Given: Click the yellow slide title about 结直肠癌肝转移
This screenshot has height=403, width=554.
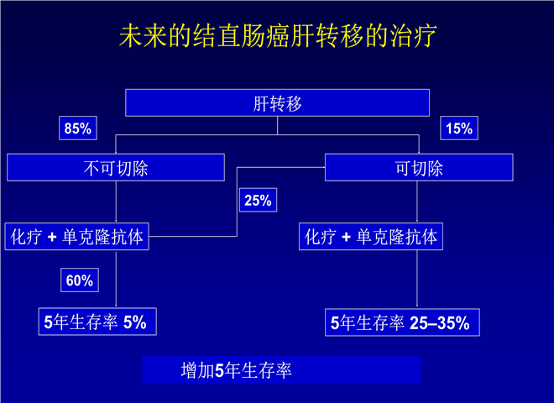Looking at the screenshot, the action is [278, 36].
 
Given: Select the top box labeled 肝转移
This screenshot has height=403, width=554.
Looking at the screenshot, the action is [277, 103].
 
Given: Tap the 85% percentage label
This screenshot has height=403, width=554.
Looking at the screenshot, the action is [78, 128].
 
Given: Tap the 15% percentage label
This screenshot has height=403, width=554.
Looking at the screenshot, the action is [459, 128].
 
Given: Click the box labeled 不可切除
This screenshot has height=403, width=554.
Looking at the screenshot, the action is [116, 168].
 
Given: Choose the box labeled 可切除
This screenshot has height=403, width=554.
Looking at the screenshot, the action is [419, 168].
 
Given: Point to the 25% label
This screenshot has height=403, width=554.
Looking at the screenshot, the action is [258, 200].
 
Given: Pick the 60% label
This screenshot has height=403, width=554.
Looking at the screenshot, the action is [80, 280].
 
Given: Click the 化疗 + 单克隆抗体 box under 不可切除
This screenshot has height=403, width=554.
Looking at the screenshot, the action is [76, 237].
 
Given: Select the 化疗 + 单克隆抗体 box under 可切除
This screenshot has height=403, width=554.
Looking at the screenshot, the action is [371, 237].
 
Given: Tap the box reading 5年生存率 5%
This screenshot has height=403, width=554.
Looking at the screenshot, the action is [97, 322].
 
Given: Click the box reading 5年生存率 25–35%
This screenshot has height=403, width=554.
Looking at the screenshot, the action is [402, 322].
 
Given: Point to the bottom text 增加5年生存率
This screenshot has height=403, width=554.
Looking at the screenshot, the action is [236, 370].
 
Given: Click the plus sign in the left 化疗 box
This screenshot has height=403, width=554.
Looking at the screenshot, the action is [52, 237].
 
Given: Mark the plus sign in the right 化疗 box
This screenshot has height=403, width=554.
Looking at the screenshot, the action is [346, 237].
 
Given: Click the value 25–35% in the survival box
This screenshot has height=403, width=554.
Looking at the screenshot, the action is [440, 322].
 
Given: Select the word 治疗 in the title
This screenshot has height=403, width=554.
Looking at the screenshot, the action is [413, 36].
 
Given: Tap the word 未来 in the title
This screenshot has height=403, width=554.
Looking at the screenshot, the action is [143, 36].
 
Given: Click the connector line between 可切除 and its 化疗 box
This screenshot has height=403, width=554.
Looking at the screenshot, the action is [417, 201].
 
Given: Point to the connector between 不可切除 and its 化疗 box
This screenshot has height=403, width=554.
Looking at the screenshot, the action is [116, 201].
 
